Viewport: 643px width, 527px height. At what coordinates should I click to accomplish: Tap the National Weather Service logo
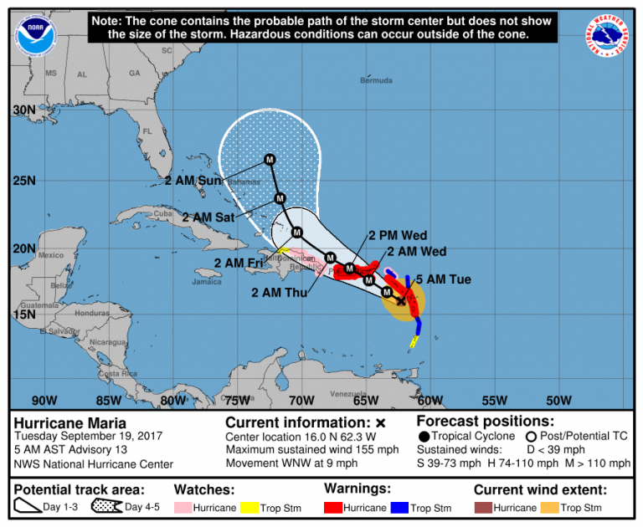(x=608, y=37)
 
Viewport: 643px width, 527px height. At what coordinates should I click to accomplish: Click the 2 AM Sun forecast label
(x=193, y=181)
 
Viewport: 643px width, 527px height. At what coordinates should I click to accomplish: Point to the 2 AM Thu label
(x=280, y=293)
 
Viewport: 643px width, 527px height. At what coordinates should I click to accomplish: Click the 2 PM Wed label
(x=394, y=236)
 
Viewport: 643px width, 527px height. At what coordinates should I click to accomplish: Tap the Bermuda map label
(x=376, y=81)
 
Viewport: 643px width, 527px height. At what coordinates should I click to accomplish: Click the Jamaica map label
(x=207, y=282)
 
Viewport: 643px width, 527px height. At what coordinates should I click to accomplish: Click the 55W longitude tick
(x=494, y=400)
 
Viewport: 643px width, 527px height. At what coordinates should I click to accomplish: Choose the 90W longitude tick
(x=44, y=400)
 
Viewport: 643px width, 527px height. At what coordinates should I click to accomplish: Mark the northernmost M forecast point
(x=270, y=159)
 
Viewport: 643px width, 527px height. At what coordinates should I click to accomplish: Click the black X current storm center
(x=401, y=300)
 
